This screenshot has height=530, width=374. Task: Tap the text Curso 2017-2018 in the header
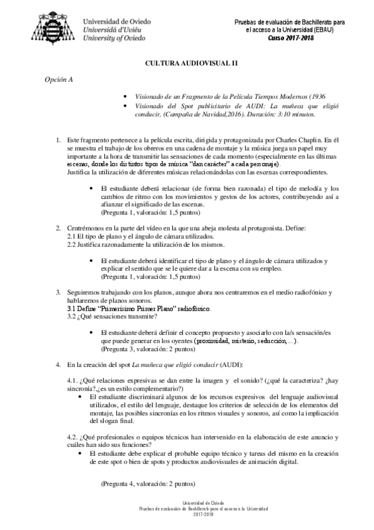pyautogui.click(x=290, y=37)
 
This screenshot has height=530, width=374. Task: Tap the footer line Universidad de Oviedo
pyautogui.click(x=186, y=502)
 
